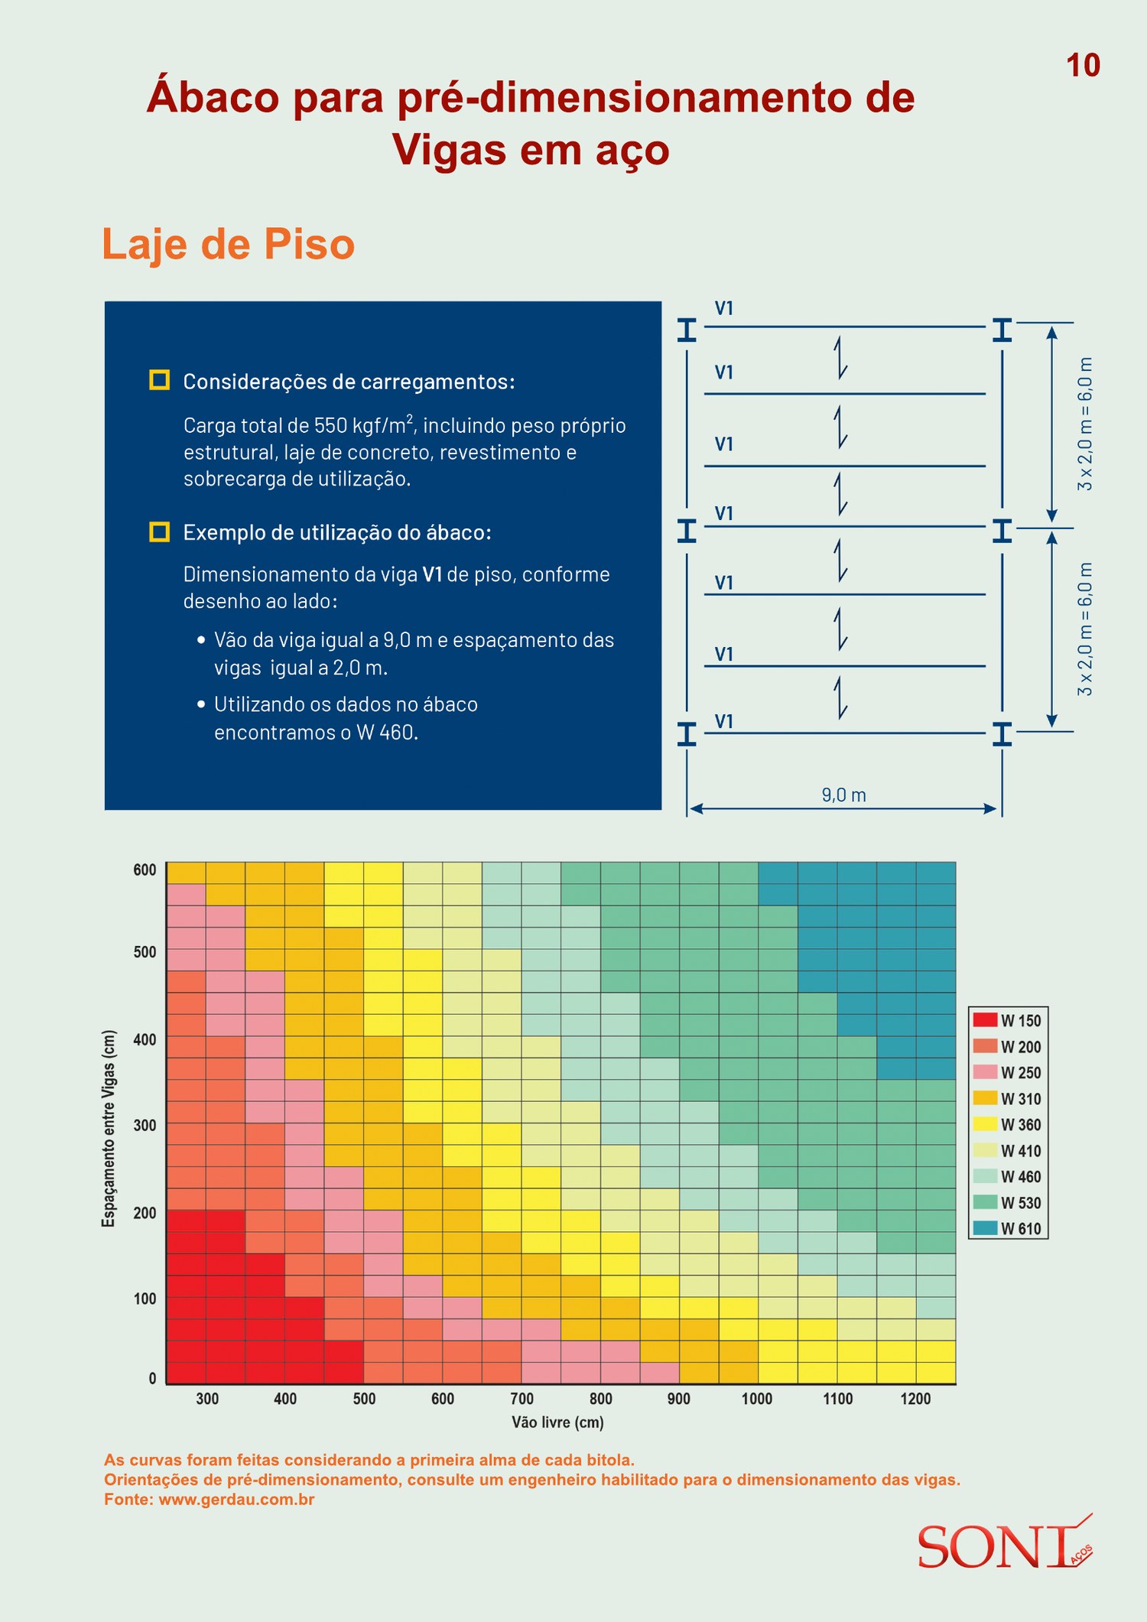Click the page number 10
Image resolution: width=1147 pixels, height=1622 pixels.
1083,66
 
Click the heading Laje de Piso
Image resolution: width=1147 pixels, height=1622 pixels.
229,244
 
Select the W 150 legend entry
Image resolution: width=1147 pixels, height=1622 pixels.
1007,1020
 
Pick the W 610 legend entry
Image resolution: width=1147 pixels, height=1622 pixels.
1007,1228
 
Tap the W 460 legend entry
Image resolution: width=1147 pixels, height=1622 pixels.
1007,1176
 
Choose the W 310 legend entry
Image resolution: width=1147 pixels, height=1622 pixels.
1007,1098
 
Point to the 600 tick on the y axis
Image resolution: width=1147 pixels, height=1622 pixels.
145,870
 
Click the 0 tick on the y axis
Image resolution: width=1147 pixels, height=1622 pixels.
152,1378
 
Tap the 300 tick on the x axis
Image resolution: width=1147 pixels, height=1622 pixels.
207,1399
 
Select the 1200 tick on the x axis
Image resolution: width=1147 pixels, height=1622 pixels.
915,1399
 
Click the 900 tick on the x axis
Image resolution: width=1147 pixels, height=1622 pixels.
678,1399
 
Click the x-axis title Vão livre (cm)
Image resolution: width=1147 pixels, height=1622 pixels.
557,1422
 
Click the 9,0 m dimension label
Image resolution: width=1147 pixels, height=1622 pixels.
844,795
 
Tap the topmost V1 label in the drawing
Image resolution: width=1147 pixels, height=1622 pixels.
724,308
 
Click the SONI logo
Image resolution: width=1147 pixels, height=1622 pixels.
1005,1544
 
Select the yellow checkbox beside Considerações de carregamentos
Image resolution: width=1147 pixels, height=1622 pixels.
159,380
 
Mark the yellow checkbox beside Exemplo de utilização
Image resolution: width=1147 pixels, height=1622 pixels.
159,531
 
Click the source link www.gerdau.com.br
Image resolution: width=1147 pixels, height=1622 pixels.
236,1500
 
